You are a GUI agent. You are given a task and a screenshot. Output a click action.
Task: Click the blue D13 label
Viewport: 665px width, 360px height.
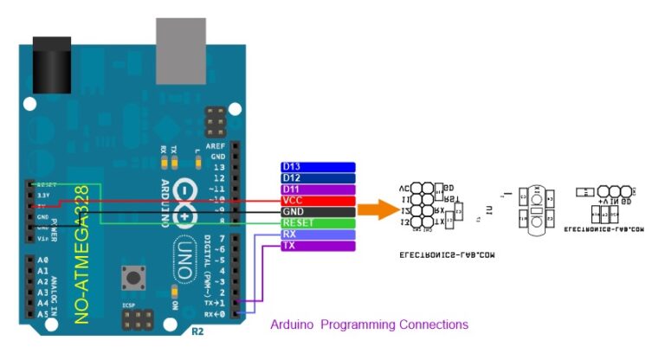click(x=318, y=167)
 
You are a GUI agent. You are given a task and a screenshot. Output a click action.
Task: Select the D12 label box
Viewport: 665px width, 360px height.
click(x=318, y=178)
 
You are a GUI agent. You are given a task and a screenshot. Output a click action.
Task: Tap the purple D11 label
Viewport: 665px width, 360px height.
click(x=318, y=190)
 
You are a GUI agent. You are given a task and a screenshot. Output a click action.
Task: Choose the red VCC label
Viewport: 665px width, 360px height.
click(x=318, y=201)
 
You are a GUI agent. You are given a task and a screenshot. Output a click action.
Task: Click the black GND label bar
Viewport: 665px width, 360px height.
click(x=318, y=212)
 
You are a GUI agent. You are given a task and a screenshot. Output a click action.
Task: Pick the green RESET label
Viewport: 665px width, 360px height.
click(x=318, y=223)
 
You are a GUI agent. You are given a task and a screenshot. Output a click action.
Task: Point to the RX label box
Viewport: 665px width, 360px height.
click(x=318, y=235)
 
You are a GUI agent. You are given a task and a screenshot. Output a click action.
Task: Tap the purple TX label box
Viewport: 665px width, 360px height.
click(x=318, y=246)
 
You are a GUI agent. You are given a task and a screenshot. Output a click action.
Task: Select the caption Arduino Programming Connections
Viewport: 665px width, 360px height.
click(x=369, y=325)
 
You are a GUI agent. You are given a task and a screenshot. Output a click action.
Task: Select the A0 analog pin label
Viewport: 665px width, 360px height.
click(x=43, y=260)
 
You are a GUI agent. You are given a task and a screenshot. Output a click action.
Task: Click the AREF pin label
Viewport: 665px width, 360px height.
click(x=215, y=146)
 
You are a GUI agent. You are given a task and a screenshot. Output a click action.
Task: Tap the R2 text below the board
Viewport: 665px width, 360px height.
click(x=197, y=331)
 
